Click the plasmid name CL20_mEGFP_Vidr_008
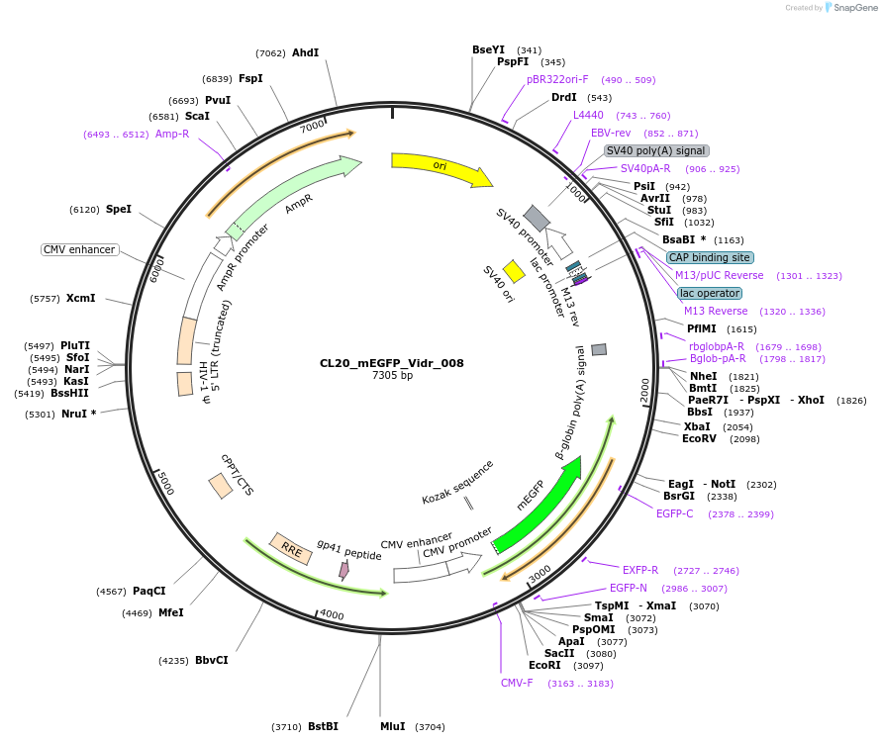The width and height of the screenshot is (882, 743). click(392, 363)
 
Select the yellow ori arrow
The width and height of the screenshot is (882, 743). click(441, 167)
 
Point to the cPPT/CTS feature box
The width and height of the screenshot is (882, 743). click(220, 486)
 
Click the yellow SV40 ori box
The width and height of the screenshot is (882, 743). click(514, 271)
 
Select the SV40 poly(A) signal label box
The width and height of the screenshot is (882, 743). click(656, 151)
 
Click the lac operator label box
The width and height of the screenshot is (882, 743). click(709, 293)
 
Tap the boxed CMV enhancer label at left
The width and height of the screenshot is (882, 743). click(79, 249)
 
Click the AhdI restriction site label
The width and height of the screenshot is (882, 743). click(305, 52)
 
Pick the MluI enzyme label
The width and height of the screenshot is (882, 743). click(393, 726)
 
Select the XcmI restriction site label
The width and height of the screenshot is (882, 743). click(80, 298)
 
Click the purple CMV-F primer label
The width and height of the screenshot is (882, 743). click(517, 683)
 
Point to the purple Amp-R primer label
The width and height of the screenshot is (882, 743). click(172, 134)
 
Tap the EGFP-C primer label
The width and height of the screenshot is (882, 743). click(675, 513)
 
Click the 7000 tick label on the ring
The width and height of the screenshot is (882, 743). click(312, 127)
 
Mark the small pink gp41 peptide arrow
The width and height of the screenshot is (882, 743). click(343, 570)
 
